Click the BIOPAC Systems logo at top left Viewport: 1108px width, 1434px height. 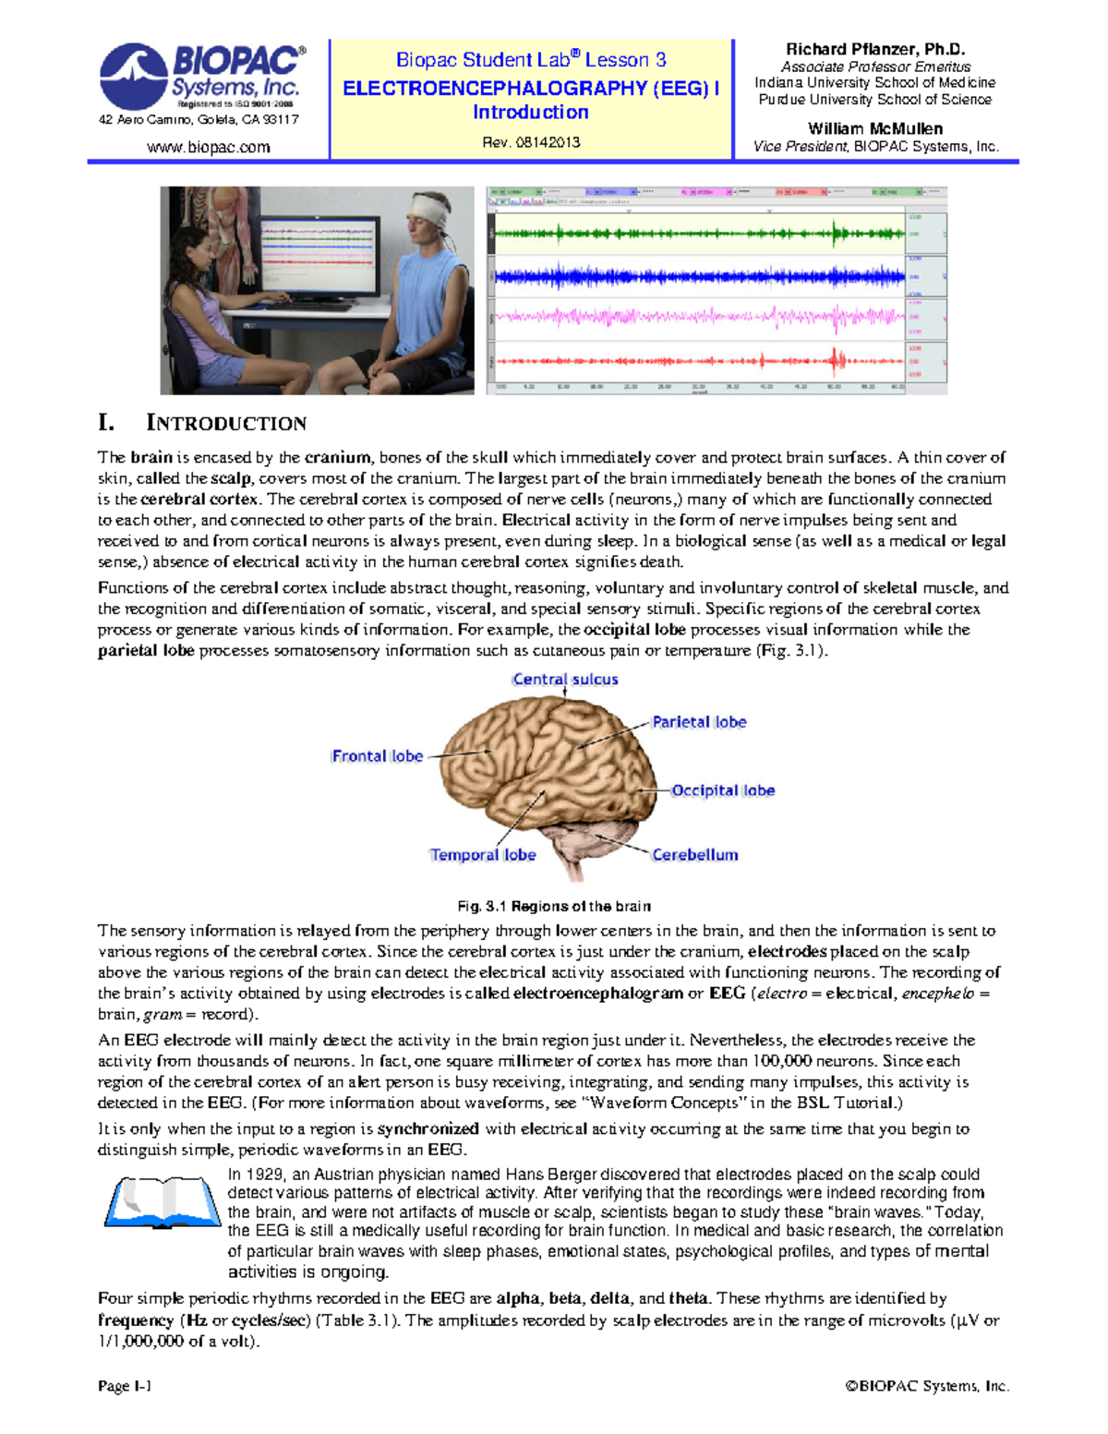point(201,76)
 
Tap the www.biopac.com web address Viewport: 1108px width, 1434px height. point(209,147)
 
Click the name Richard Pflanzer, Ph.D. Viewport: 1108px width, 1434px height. point(874,50)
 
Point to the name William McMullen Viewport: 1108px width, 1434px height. point(874,128)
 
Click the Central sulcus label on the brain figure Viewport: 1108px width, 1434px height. point(565,680)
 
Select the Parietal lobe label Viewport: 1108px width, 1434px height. point(699,722)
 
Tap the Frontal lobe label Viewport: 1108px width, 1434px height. point(377,756)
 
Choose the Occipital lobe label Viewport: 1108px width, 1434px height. point(723,790)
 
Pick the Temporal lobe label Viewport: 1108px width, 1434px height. point(483,855)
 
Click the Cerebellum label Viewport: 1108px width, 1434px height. point(694,855)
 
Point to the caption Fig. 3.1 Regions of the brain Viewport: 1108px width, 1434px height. point(554,906)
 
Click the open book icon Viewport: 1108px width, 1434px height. point(163,1201)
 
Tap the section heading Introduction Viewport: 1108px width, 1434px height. point(226,423)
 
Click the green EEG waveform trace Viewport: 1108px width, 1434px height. point(699,234)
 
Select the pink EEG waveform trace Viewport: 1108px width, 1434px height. point(699,318)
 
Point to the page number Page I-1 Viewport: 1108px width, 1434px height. point(125,1386)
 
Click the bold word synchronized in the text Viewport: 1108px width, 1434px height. point(428,1128)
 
